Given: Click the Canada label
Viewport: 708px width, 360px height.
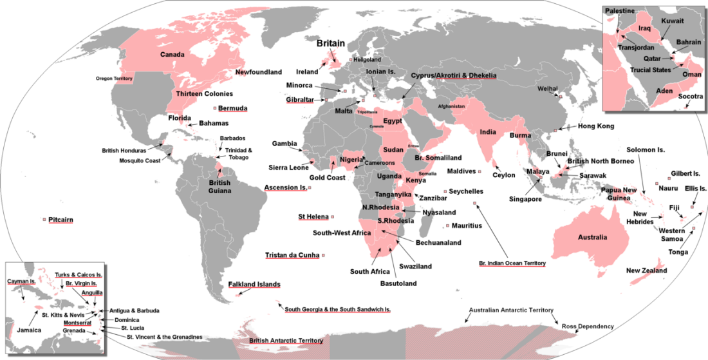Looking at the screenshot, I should click(x=172, y=54).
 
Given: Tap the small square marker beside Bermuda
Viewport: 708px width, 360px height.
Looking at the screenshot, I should click(x=214, y=108).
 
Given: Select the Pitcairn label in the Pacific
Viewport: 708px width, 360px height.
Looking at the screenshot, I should click(x=61, y=220).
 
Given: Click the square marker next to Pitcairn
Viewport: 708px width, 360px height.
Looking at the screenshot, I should click(x=44, y=220).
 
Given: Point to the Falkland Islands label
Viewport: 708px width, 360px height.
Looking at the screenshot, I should click(x=254, y=284).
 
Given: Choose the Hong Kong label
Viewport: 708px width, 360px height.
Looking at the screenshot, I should click(x=595, y=126).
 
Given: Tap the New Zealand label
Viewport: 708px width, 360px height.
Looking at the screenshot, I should click(x=646, y=271).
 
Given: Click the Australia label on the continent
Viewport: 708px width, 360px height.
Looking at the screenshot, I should click(x=592, y=238).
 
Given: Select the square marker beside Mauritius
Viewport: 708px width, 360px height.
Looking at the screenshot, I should click(x=447, y=226).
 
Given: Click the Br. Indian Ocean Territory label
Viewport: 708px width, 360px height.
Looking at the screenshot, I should click(x=512, y=263).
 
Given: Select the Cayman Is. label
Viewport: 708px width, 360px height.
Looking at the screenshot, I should click(x=22, y=281).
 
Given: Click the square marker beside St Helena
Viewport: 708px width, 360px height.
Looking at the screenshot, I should click(x=334, y=217).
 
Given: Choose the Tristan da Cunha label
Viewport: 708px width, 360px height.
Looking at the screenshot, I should click(x=292, y=256).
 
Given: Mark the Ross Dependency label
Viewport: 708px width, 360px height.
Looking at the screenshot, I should click(x=588, y=327).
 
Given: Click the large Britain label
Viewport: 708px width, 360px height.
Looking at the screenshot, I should click(x=330, y=44).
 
